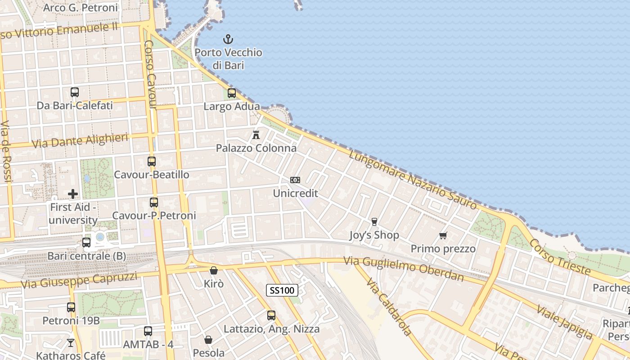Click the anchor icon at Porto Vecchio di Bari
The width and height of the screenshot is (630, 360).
pos(228,39)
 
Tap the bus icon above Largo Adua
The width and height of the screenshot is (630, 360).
pos(232,93)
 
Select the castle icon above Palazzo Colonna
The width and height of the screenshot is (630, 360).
pos(256,135)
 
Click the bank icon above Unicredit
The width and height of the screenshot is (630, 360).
pos(295,180)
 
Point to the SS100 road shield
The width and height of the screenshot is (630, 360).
pos(282,290)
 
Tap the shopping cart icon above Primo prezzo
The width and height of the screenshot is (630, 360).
pos(443,235)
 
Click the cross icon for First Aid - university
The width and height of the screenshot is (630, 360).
pos(73,194)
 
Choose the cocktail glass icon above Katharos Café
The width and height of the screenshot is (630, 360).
pos(71,343)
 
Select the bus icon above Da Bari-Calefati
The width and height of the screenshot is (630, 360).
pos(75,92)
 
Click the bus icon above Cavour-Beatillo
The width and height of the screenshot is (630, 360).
pos(152,161)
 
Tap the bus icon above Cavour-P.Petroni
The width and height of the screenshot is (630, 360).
pos(154,202)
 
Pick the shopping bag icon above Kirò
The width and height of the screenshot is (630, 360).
pos(214,270)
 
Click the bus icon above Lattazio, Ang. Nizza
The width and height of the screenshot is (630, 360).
pos(271,315)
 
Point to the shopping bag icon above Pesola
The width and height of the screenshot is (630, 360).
pos(208,340)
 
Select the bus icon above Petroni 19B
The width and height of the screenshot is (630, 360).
pos(71,307)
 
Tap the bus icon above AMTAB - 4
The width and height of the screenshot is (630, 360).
pos(148,331)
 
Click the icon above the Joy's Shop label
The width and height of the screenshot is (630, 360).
pos(374,221)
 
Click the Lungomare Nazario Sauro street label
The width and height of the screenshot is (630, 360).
pos(413,180)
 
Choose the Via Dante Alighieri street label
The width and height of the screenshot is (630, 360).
pos(80,141)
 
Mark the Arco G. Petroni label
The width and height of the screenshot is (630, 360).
pos(81,8)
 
